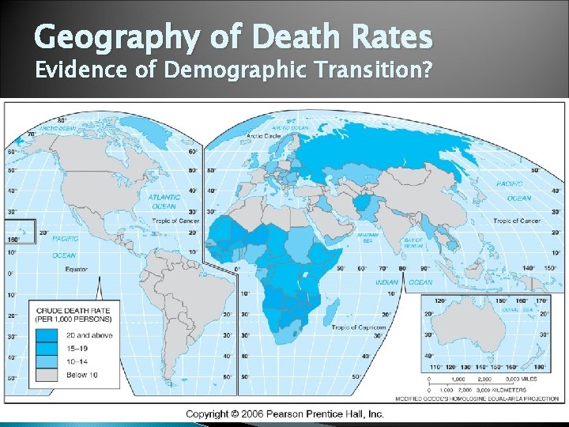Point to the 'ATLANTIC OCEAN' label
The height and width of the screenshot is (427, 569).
pyautogui.click(x=164, y=202)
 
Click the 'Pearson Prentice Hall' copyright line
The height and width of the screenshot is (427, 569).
pyautogui.click(x=284, y=414)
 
